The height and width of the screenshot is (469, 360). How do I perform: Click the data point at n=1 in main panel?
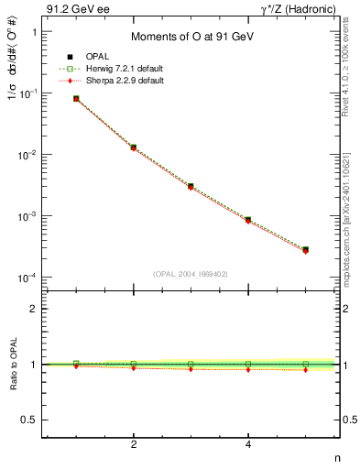[x=76, y=98]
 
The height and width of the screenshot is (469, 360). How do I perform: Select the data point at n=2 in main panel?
[x=134, y=147]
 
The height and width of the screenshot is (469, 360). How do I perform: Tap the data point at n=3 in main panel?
[x=191, y=186]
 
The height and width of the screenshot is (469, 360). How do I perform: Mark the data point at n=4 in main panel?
[x=248, y=220]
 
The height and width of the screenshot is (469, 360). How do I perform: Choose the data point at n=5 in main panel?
[x=305, y=249]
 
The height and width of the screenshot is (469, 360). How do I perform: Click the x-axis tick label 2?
[x=134, y=445]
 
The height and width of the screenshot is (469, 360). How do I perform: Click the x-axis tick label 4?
[x=248, y=445]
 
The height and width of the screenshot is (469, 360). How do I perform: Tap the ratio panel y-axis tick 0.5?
[x=32, y=420]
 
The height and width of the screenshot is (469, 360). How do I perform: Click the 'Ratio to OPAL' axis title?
[x=12, y=365]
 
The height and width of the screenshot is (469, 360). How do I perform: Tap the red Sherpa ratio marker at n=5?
[x=305, y=370]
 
